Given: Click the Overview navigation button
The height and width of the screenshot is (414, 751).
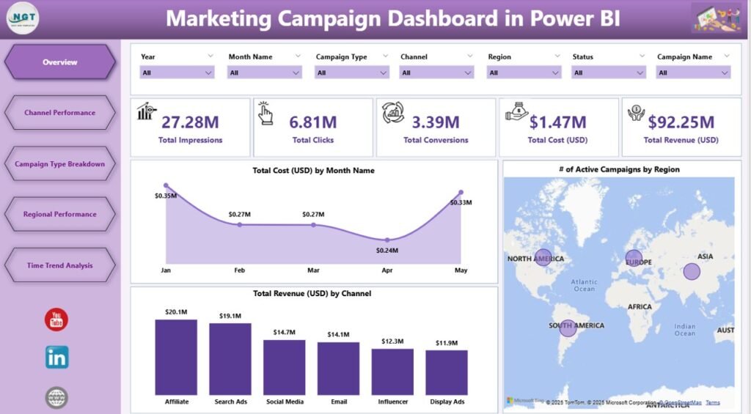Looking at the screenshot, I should tap(59, 62).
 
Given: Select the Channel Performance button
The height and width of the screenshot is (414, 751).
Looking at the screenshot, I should tap(59, 113).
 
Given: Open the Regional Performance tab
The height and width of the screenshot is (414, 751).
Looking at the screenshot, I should tap(59, 215).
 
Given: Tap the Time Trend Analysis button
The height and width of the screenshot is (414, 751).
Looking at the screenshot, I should tap(59, 265).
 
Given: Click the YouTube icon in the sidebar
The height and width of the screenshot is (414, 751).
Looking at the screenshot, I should tap(56, 319).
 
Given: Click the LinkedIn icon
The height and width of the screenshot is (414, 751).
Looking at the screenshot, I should tap(56, 357).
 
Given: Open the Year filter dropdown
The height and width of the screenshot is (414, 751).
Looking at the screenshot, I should tap(177, 73).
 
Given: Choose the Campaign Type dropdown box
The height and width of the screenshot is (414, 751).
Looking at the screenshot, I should tap(352, 73).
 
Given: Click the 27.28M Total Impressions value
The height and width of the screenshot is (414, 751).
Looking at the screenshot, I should tap(191, 122).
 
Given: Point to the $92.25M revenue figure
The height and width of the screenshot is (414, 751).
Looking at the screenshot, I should tap(680, 122).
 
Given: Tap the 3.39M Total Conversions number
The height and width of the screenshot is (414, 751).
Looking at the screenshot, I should tap(435, 122).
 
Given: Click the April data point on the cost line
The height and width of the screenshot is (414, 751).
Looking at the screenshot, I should tap(387, 240).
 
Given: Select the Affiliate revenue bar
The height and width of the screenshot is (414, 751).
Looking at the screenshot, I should tap(176, 357).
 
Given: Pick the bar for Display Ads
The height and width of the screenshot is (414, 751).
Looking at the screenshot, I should tap(447, 372).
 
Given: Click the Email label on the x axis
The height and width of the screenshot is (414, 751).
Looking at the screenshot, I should tap(338, 402).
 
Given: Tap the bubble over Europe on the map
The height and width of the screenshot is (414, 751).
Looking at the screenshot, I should tap(634, 258).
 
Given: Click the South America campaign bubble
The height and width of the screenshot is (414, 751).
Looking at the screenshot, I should tap(568, 328).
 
